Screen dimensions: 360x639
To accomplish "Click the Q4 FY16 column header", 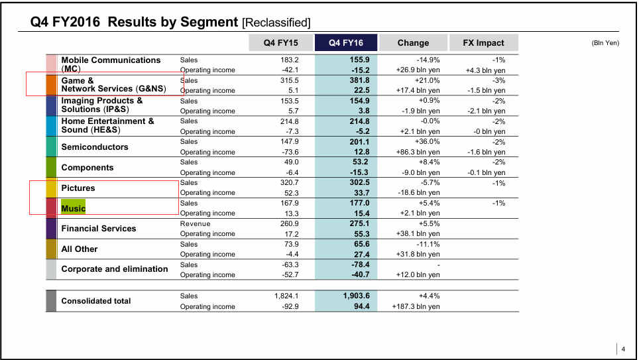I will tap(347, 43).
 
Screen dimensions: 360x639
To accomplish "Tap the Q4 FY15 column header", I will tap(280, 43).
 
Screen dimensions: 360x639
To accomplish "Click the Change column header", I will tap(413, 43).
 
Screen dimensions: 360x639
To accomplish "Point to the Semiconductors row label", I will tap(95, 147).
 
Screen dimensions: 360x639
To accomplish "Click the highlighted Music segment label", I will tap(74, 208).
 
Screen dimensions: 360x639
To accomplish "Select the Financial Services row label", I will tap(99, 229).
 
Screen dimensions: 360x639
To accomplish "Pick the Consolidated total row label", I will tap(96, 301).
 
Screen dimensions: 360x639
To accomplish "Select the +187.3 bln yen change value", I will tap(416, 307).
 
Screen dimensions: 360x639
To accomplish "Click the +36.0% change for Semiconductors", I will tap(427, 141).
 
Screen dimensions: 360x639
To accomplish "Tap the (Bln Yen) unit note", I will tap(605, 43).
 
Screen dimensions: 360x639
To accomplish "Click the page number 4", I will tap(623, 349).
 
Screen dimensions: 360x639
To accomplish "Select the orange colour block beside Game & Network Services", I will tap(52, 86).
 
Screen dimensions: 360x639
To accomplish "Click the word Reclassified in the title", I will tap(277, 23).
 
